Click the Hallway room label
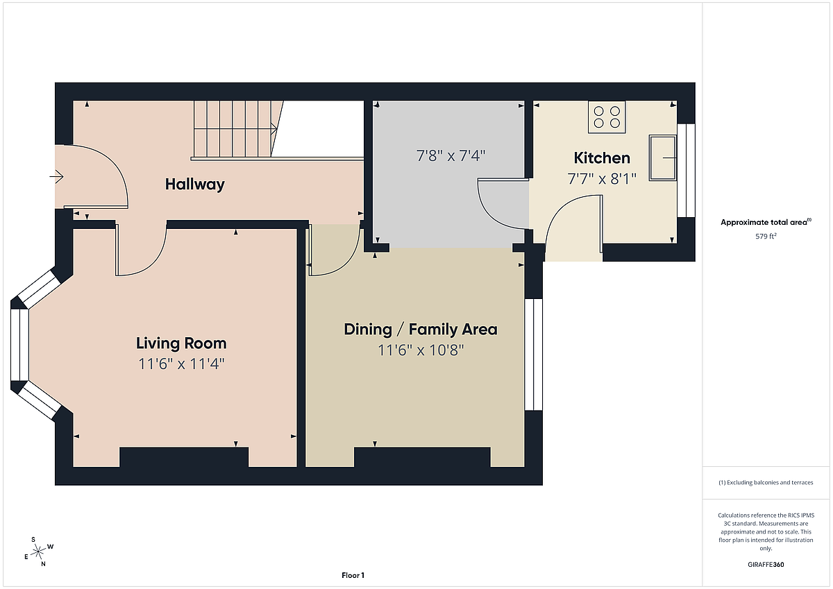click(x=195, y=185)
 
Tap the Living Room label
click(x=181, y=343)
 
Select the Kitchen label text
click(x=602, y=158)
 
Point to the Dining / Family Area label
click(x=421, y=330)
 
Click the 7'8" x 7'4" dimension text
click(x=451, y=155)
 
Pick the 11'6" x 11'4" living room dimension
click(x=181, y=364)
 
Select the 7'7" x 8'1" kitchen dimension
click(x=602, y=179)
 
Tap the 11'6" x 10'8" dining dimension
click(x=421, y=350)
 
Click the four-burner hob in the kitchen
click(x=607, y=117)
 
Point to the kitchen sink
click(x=663, y=158)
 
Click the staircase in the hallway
click(x=238, y=128)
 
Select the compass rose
click(x=38, y=552)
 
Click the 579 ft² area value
click(x=766, y=237)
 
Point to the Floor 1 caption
click(x=353, y=575)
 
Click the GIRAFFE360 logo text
click(x=766, y=565)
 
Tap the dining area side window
click(x=534, y=355)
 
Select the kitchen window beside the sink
click(x=686, y=170)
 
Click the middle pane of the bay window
click(x=19, y=345)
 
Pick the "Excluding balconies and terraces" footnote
click(x=766, y=482)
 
